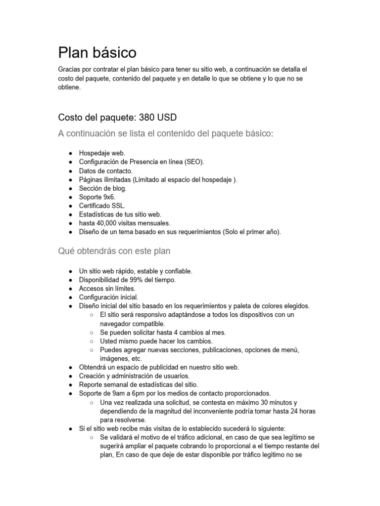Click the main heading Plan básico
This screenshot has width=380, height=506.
coord(97,52)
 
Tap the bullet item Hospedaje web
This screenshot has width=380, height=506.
coord(102,153)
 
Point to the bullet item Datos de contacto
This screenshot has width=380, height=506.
coord(106,170)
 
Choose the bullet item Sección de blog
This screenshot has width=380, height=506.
coord(103,188)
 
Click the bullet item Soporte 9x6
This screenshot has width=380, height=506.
coord(97,197)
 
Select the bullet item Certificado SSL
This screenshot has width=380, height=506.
coord(102,206)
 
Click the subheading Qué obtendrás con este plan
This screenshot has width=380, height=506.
coord(114,251)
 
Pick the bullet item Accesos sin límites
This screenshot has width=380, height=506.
coord(107,289)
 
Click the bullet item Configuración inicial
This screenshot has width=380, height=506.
coord(108,297)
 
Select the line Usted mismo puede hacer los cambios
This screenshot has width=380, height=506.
coord(156,341)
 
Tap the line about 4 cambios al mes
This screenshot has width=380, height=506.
coord(163,333)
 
